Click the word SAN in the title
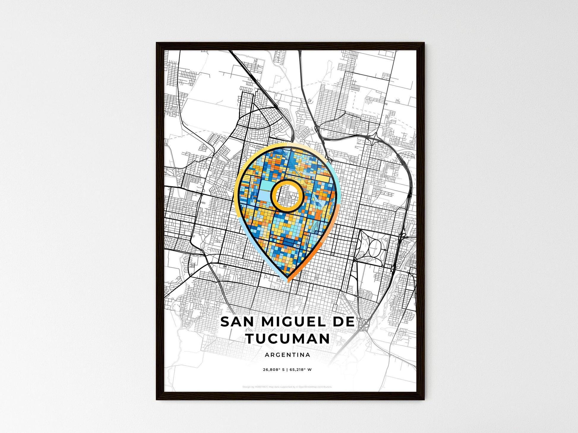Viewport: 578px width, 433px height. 235,322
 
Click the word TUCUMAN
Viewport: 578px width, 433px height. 288,339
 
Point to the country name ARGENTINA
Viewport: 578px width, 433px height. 288,355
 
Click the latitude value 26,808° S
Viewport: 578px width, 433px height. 274,370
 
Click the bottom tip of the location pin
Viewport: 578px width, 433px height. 288,281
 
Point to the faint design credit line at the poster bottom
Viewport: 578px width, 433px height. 287,387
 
